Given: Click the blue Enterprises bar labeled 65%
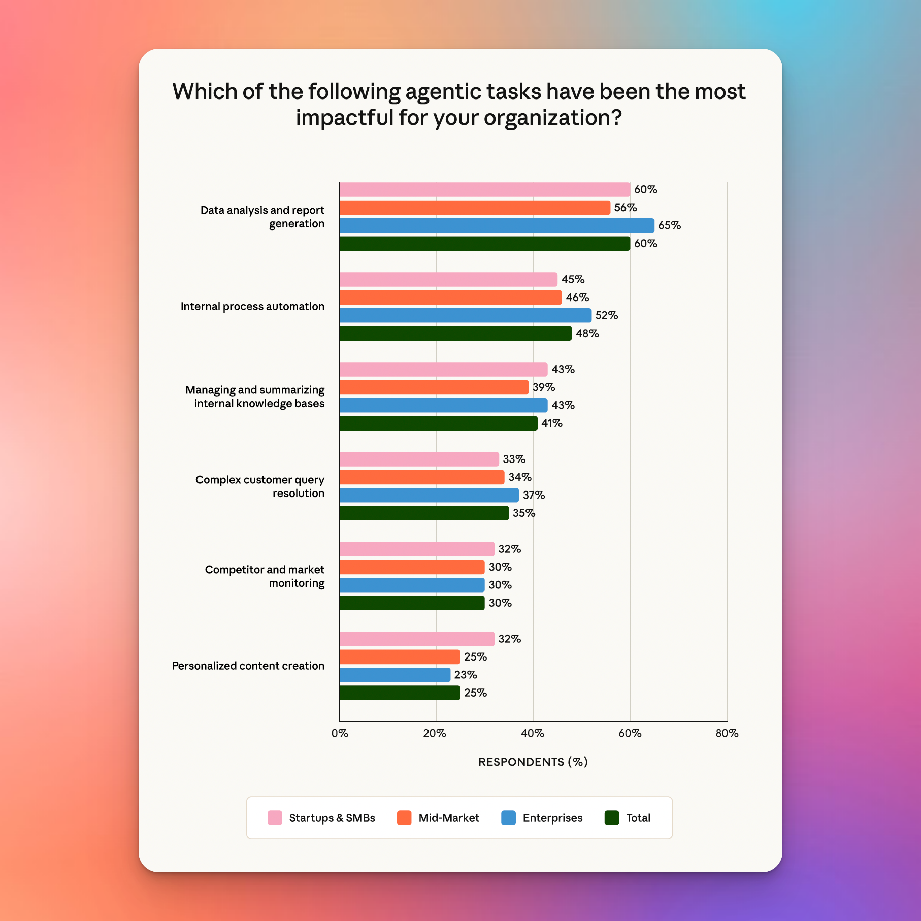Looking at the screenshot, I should [497, 225].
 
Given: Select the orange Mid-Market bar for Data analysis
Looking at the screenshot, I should [475, 208].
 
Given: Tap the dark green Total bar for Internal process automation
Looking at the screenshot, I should [455, 334].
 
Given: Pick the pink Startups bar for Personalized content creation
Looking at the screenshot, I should [416, 639].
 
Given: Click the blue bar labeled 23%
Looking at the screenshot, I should [394, 675].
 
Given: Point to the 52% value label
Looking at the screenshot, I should [607, 315].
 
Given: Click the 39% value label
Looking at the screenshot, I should [544, 387].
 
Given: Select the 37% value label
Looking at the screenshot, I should [534, 495].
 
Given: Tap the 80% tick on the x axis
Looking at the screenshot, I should [727, 733].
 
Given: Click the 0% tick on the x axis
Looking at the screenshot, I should [340, 733].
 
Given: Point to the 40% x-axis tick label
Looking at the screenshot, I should [533, 733].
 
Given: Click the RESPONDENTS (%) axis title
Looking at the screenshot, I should [533, 762].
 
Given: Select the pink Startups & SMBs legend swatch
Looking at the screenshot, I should [275, 818].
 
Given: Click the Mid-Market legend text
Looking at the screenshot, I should [449, 818].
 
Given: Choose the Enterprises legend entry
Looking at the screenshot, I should [552, 818].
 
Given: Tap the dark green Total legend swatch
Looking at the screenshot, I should [612, 818].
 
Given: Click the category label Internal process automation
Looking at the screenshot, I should [252, 306].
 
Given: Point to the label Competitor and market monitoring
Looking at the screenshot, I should [265, 576].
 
